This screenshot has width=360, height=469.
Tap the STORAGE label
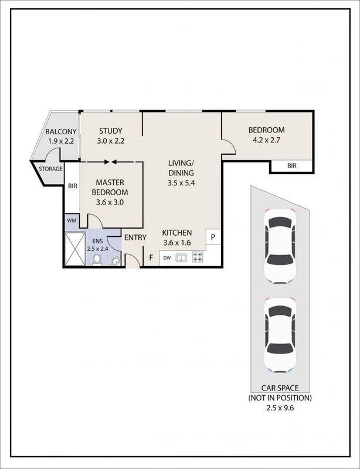point(50,169)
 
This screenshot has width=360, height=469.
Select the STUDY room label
point(111,131)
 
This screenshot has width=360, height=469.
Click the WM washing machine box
point(72,220)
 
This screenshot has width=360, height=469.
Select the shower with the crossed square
point(74,249)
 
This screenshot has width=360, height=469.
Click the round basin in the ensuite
point(116,261)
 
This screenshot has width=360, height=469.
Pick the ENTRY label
point(134,237)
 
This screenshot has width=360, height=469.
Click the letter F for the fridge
point(151,257)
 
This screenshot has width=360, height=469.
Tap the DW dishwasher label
point(167,257)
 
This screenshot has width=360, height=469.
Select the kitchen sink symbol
point(182,257)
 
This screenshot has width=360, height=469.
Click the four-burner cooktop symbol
point(198,257)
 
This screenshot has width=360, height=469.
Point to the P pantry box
point(212,237)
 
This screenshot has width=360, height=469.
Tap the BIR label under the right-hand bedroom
point(291,166)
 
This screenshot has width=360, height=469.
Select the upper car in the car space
point(278,247)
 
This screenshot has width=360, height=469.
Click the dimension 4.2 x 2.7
point(266,141)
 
